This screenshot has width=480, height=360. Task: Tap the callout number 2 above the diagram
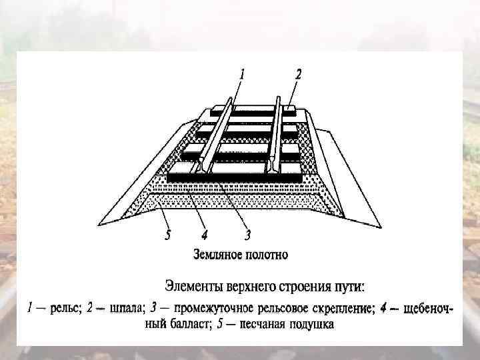pos(297,75)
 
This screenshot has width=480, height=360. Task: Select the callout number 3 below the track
pos(247,235)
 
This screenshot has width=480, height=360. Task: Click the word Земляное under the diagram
pos(217,254)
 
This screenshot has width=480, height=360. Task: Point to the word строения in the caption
pos(317,287)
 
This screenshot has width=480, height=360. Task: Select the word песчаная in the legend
pos(257,325)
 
